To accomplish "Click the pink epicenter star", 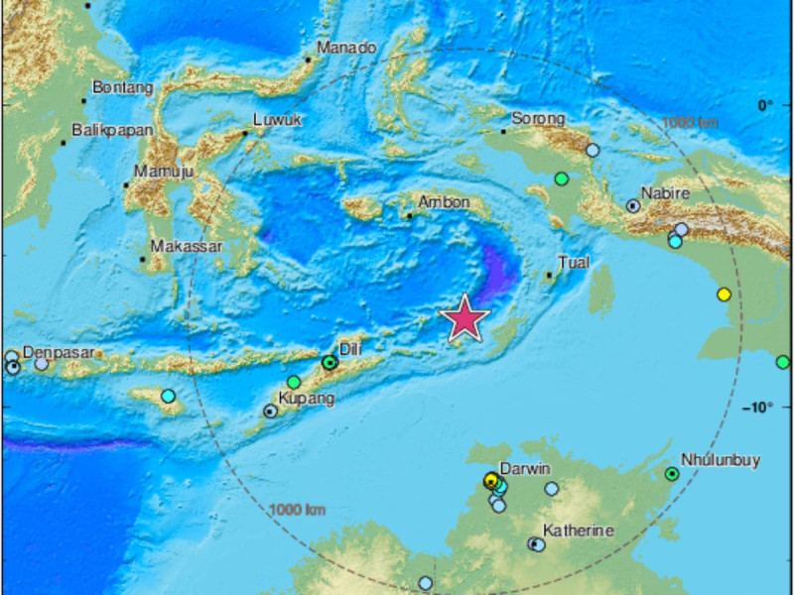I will [464, 319].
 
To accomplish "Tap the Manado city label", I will [346, 47].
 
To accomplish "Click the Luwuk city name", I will [276, 120].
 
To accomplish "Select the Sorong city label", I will [538, 118].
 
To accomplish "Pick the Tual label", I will [576, 263].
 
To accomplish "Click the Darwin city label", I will [525, 468].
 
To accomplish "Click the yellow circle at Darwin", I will [490, 480].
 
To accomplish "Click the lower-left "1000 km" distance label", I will [298, 510].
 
